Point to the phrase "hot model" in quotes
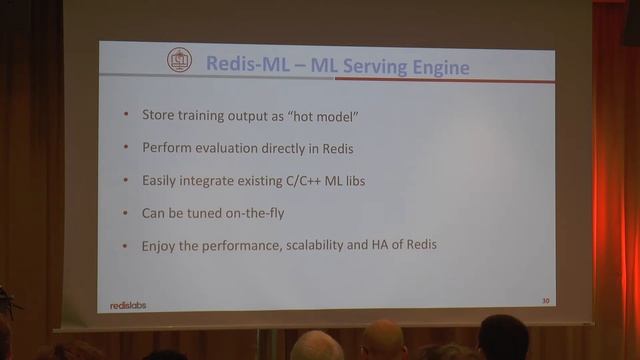point(324,116)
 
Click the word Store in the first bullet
point(158,116)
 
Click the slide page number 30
point(545,299)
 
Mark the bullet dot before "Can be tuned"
point(125,212)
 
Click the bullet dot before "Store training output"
point(125,116)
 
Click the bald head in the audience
point(383,340)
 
